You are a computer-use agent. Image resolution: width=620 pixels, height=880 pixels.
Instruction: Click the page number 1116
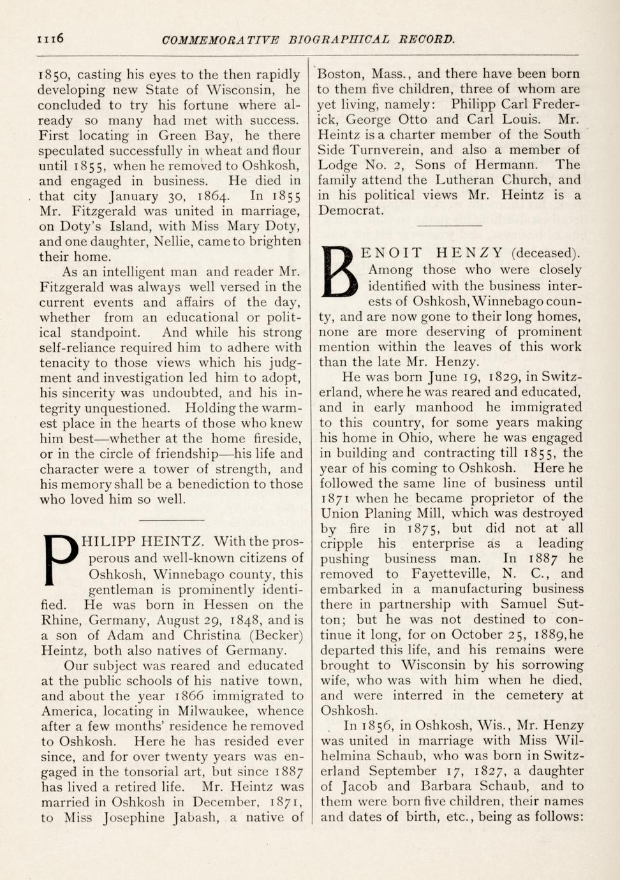(51, 38)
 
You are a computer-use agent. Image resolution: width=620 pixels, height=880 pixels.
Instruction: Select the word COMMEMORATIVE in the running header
(221, 40)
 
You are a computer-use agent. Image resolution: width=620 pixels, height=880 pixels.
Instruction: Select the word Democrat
(351, 210)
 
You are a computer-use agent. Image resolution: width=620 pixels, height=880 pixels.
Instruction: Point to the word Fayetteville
(452, 573)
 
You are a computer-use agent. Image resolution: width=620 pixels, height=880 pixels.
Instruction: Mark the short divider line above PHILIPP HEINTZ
(171, 520)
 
